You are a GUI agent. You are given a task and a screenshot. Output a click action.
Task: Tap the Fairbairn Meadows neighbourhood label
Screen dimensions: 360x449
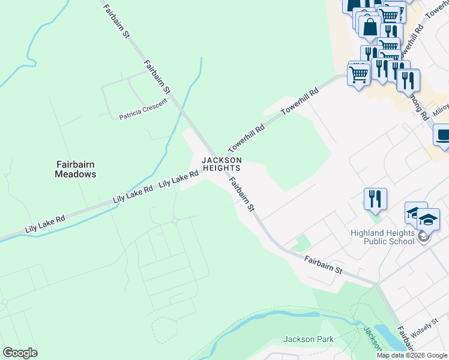click(76, 169)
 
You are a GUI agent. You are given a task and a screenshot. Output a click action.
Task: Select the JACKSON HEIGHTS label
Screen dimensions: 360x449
click(221, 164)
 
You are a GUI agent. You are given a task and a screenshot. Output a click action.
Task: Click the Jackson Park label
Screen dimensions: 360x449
click(309, 339)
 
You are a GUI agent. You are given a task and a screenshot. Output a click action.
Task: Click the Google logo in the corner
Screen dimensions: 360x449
click(20, 353)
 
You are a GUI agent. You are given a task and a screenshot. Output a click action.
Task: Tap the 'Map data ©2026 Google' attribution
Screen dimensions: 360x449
click(412, 355)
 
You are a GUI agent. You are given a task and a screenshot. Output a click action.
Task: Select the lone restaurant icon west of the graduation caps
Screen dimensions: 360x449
click(375, 198)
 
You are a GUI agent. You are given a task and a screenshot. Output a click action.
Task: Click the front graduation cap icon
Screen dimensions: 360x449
click(428, 220)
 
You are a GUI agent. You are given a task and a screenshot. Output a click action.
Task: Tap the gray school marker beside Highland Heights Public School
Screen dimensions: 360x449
click(424, 237)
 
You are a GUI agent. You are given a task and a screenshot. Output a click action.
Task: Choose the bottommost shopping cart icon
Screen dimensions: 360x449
click(359, 75)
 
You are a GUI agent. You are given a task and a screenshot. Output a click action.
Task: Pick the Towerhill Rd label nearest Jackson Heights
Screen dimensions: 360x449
click(246, 138)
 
